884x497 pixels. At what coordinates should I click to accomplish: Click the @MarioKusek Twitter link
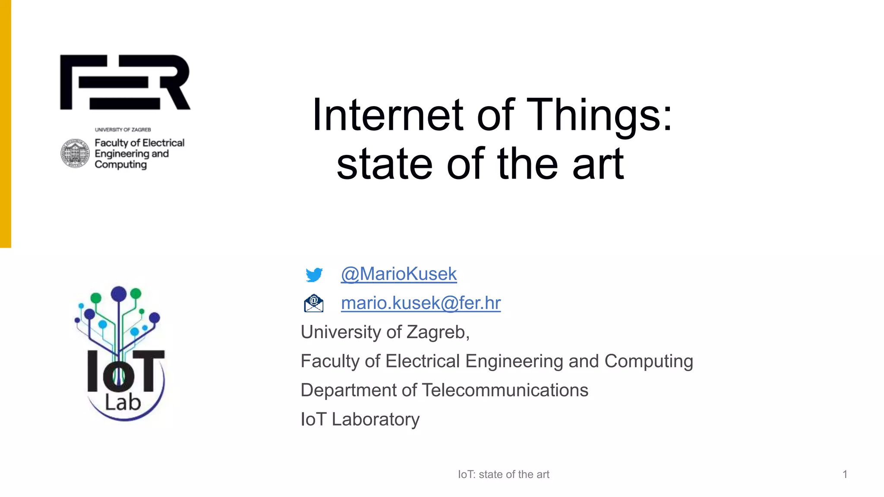coord(398,274)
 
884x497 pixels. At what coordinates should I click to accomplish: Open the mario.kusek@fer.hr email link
coord(420,303)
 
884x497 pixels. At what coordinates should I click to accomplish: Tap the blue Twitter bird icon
coord(314,275)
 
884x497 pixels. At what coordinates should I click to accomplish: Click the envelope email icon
coord(314,303)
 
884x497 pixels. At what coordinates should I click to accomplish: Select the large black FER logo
coord(125,82)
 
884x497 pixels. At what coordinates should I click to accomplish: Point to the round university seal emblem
coord(75,153)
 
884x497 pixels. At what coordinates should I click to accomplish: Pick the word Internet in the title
coord(388,115)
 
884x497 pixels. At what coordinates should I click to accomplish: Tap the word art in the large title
coord(598,164)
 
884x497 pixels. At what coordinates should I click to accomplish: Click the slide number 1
coord(845,475)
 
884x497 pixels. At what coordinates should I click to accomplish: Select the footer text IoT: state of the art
coord(503,475)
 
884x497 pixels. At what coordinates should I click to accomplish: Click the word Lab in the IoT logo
coord(123,403)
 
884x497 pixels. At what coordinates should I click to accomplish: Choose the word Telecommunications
coord(505,390)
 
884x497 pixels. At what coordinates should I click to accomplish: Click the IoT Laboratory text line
coord(360,419)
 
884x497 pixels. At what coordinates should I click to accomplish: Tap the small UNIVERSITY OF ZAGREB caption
coord(123,129)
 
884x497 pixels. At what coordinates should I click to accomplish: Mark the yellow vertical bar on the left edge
coord(5,124)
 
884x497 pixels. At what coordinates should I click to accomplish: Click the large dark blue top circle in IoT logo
coord(119,294)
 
